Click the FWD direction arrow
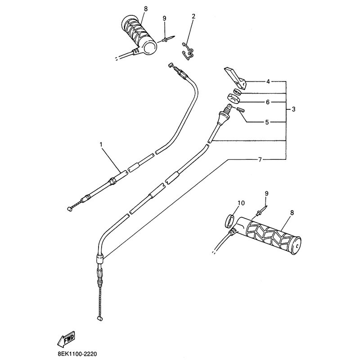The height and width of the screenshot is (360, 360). pos(66,339)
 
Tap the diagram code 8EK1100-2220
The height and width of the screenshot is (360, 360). pos(77,354)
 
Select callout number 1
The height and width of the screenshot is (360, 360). pos(101,144)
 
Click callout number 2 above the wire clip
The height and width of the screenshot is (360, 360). pos(193,16)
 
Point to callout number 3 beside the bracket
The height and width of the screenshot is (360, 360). pos(293,109)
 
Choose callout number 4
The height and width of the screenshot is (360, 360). pos(268,81)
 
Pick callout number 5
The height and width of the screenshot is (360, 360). pos(267,122)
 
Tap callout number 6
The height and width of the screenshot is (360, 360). pos(267,102)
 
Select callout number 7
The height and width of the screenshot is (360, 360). pos(260,160)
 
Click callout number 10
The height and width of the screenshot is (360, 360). pos(241,203)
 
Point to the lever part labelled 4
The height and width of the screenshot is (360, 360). pos(236,78)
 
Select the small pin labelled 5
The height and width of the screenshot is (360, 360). pos(242,110)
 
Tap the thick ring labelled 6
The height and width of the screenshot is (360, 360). pos(234,97)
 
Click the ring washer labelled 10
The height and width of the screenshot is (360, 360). pos(230,220)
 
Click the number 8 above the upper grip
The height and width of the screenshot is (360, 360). pos(145,9)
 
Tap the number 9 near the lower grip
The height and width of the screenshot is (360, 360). pos(266,193)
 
